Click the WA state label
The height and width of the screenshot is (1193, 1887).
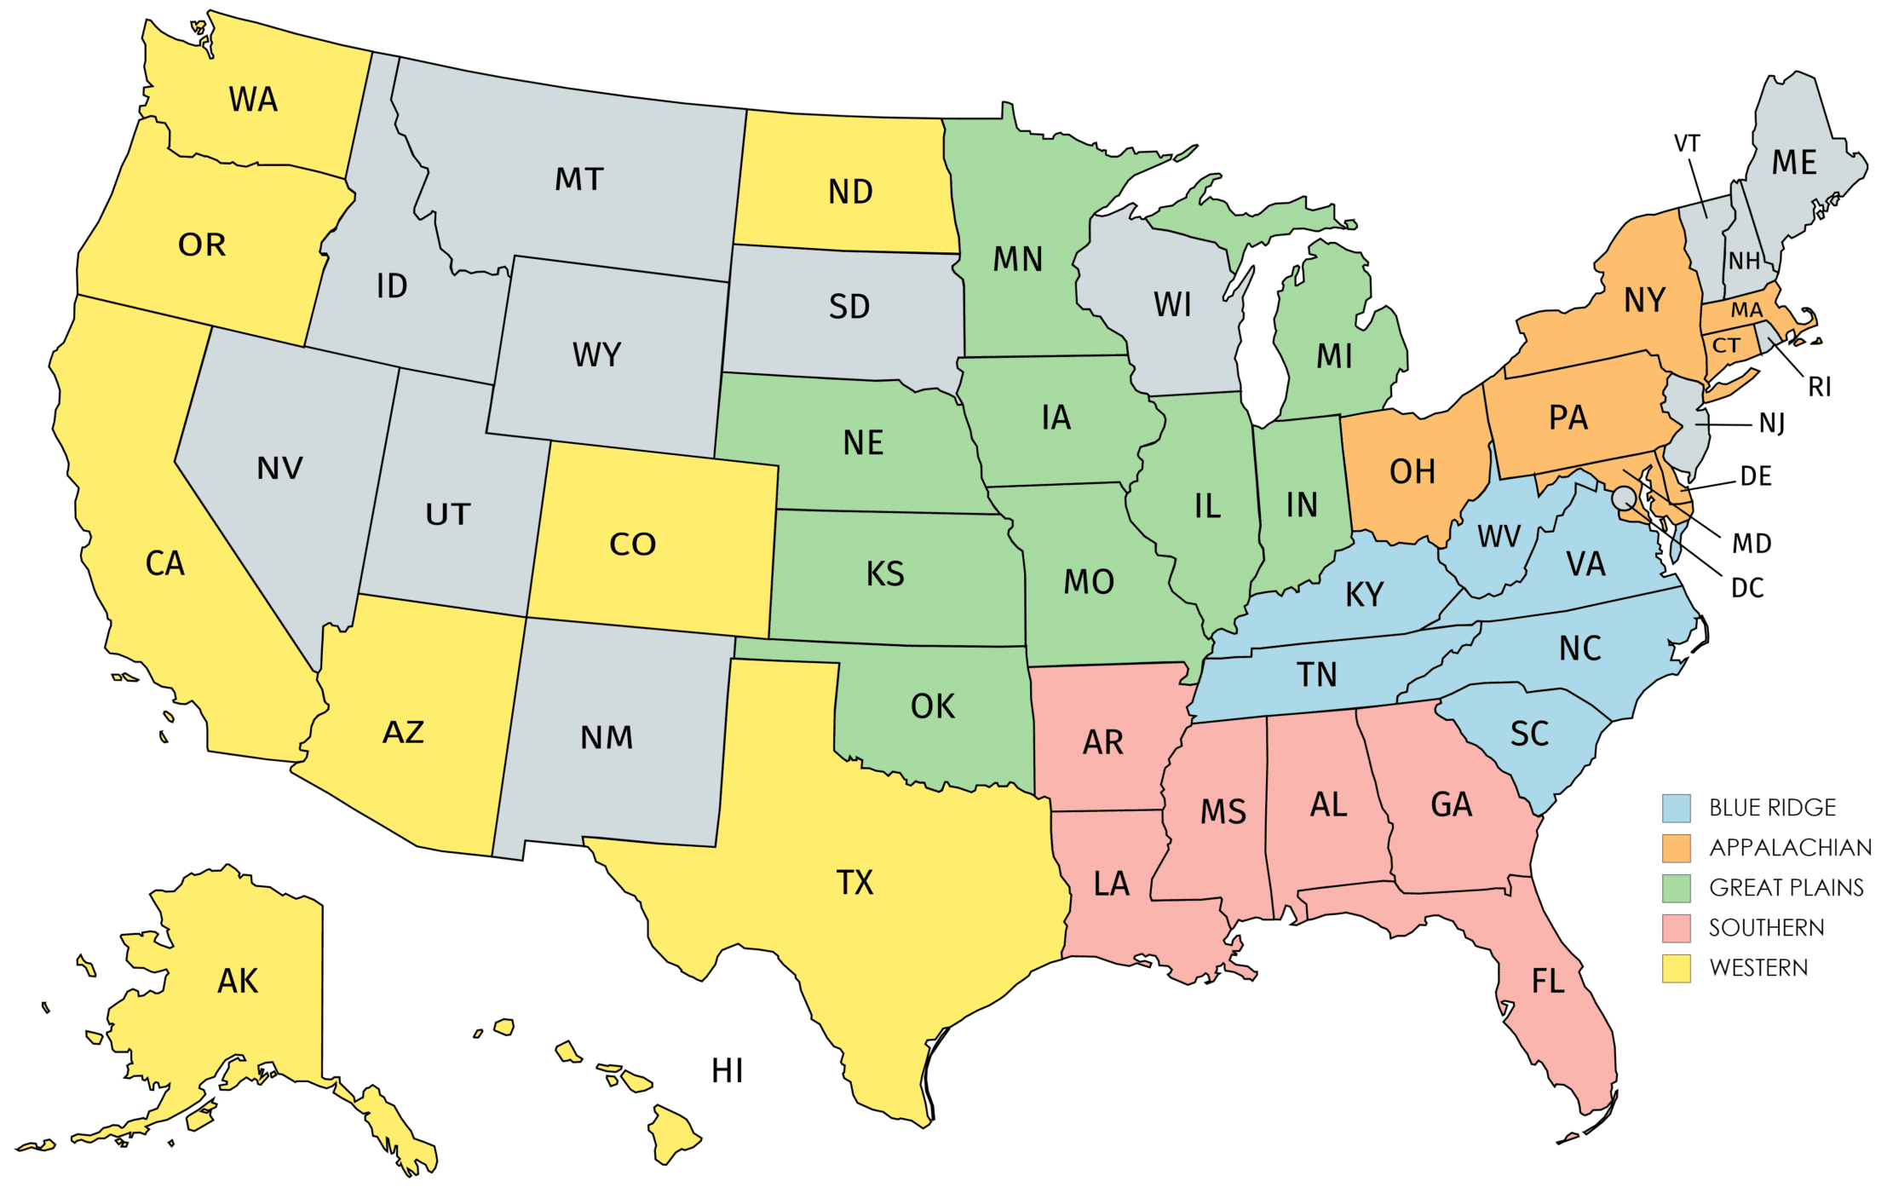[253, 100]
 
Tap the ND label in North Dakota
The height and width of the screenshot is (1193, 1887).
[850, 192]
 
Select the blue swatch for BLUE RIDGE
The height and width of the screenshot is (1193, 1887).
[1676, 808]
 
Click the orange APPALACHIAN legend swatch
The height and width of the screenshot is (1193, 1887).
[1676, 848]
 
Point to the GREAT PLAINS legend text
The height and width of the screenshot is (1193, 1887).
[1786, 888]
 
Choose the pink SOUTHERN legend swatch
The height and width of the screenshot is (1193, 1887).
[1676, 928]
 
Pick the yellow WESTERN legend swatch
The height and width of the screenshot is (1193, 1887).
[1676, 968]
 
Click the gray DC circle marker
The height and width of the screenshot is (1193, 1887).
[1624, 497]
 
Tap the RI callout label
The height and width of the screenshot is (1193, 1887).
[1819, 388]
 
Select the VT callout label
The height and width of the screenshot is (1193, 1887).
[1687, 143]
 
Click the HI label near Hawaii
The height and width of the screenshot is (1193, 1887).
[727, 1071]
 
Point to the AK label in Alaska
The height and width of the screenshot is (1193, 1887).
[238, 982]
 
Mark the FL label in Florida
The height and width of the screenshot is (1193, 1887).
[1548, 982]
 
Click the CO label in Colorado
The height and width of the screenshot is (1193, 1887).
[632, 545]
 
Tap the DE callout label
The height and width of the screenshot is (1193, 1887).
[1756, 476]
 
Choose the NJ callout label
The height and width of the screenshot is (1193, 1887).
[1772, 423]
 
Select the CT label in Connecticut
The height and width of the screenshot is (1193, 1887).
[1726, 345]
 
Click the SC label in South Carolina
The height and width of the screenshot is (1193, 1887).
[1529, 735]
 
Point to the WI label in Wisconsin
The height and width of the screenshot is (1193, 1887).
[1172, 305]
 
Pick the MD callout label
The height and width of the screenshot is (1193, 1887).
[1752, 544]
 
